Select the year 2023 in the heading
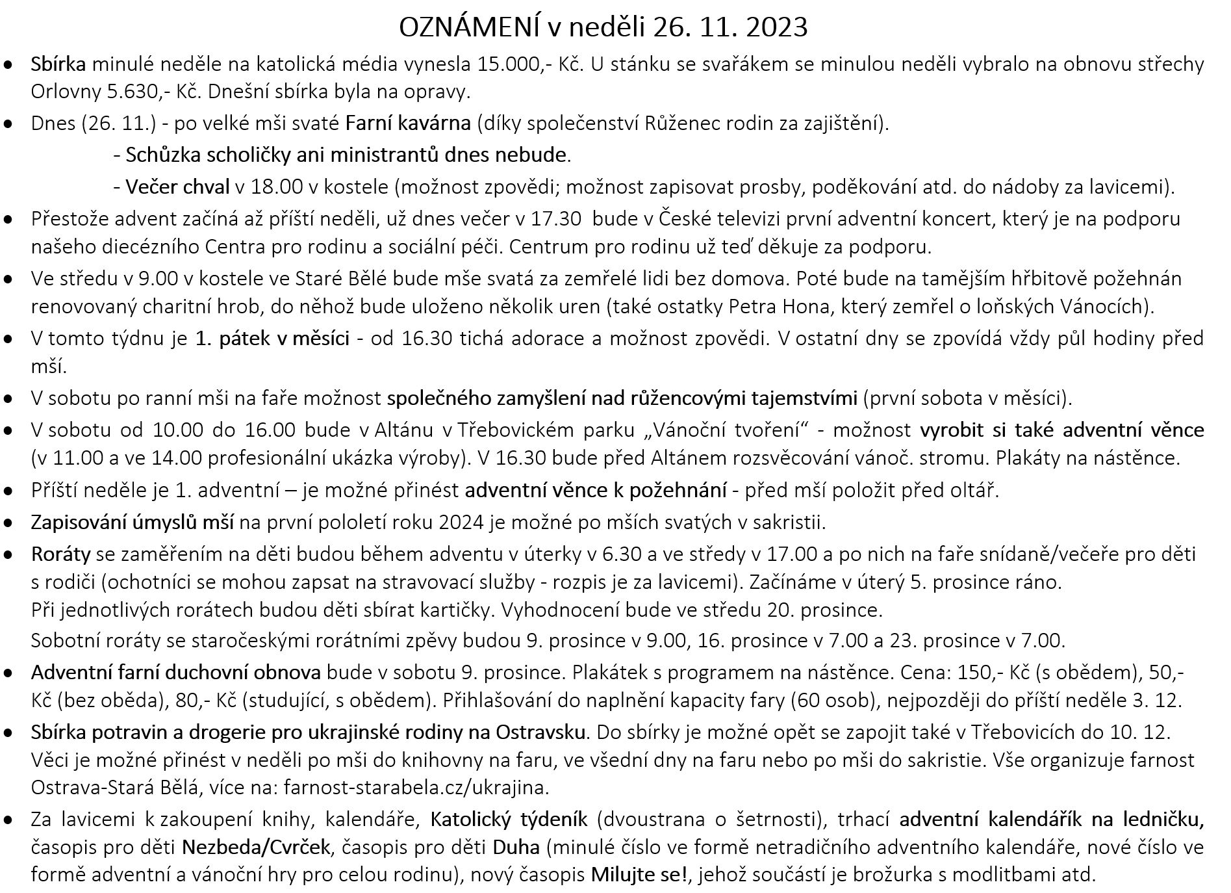pos(777,27)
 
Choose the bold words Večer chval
pos(177,187)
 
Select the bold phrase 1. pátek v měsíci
pos(272,339)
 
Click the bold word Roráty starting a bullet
pos(60,554)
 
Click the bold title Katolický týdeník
pos(509,820)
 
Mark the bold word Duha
pos(517,848)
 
